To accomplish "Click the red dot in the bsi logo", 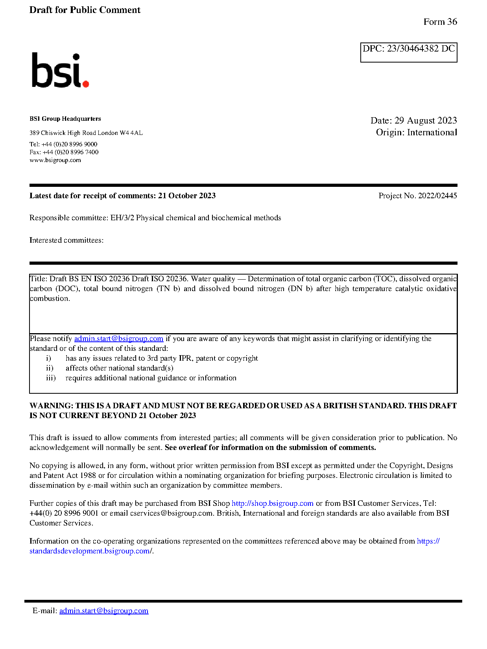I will click(86, 83).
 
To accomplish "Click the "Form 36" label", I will click(440, 22).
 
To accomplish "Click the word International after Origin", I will click(432, 133).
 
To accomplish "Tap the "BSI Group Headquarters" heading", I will click(65, 119).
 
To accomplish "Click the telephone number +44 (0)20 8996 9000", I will click(69, 144).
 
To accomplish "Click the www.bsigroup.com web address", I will click(55, 160).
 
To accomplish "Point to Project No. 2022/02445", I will click(417, 196).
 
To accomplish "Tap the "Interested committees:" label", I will click(66, 240).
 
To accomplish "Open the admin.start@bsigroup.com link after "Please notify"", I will click(118, 339).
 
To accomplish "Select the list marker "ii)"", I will click(50, 368).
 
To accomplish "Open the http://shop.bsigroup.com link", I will click(272, 503).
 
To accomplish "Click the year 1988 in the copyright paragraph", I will click(88, 476).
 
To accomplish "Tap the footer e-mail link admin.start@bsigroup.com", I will click(104, 611).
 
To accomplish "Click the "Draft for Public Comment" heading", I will click(85, 10).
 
